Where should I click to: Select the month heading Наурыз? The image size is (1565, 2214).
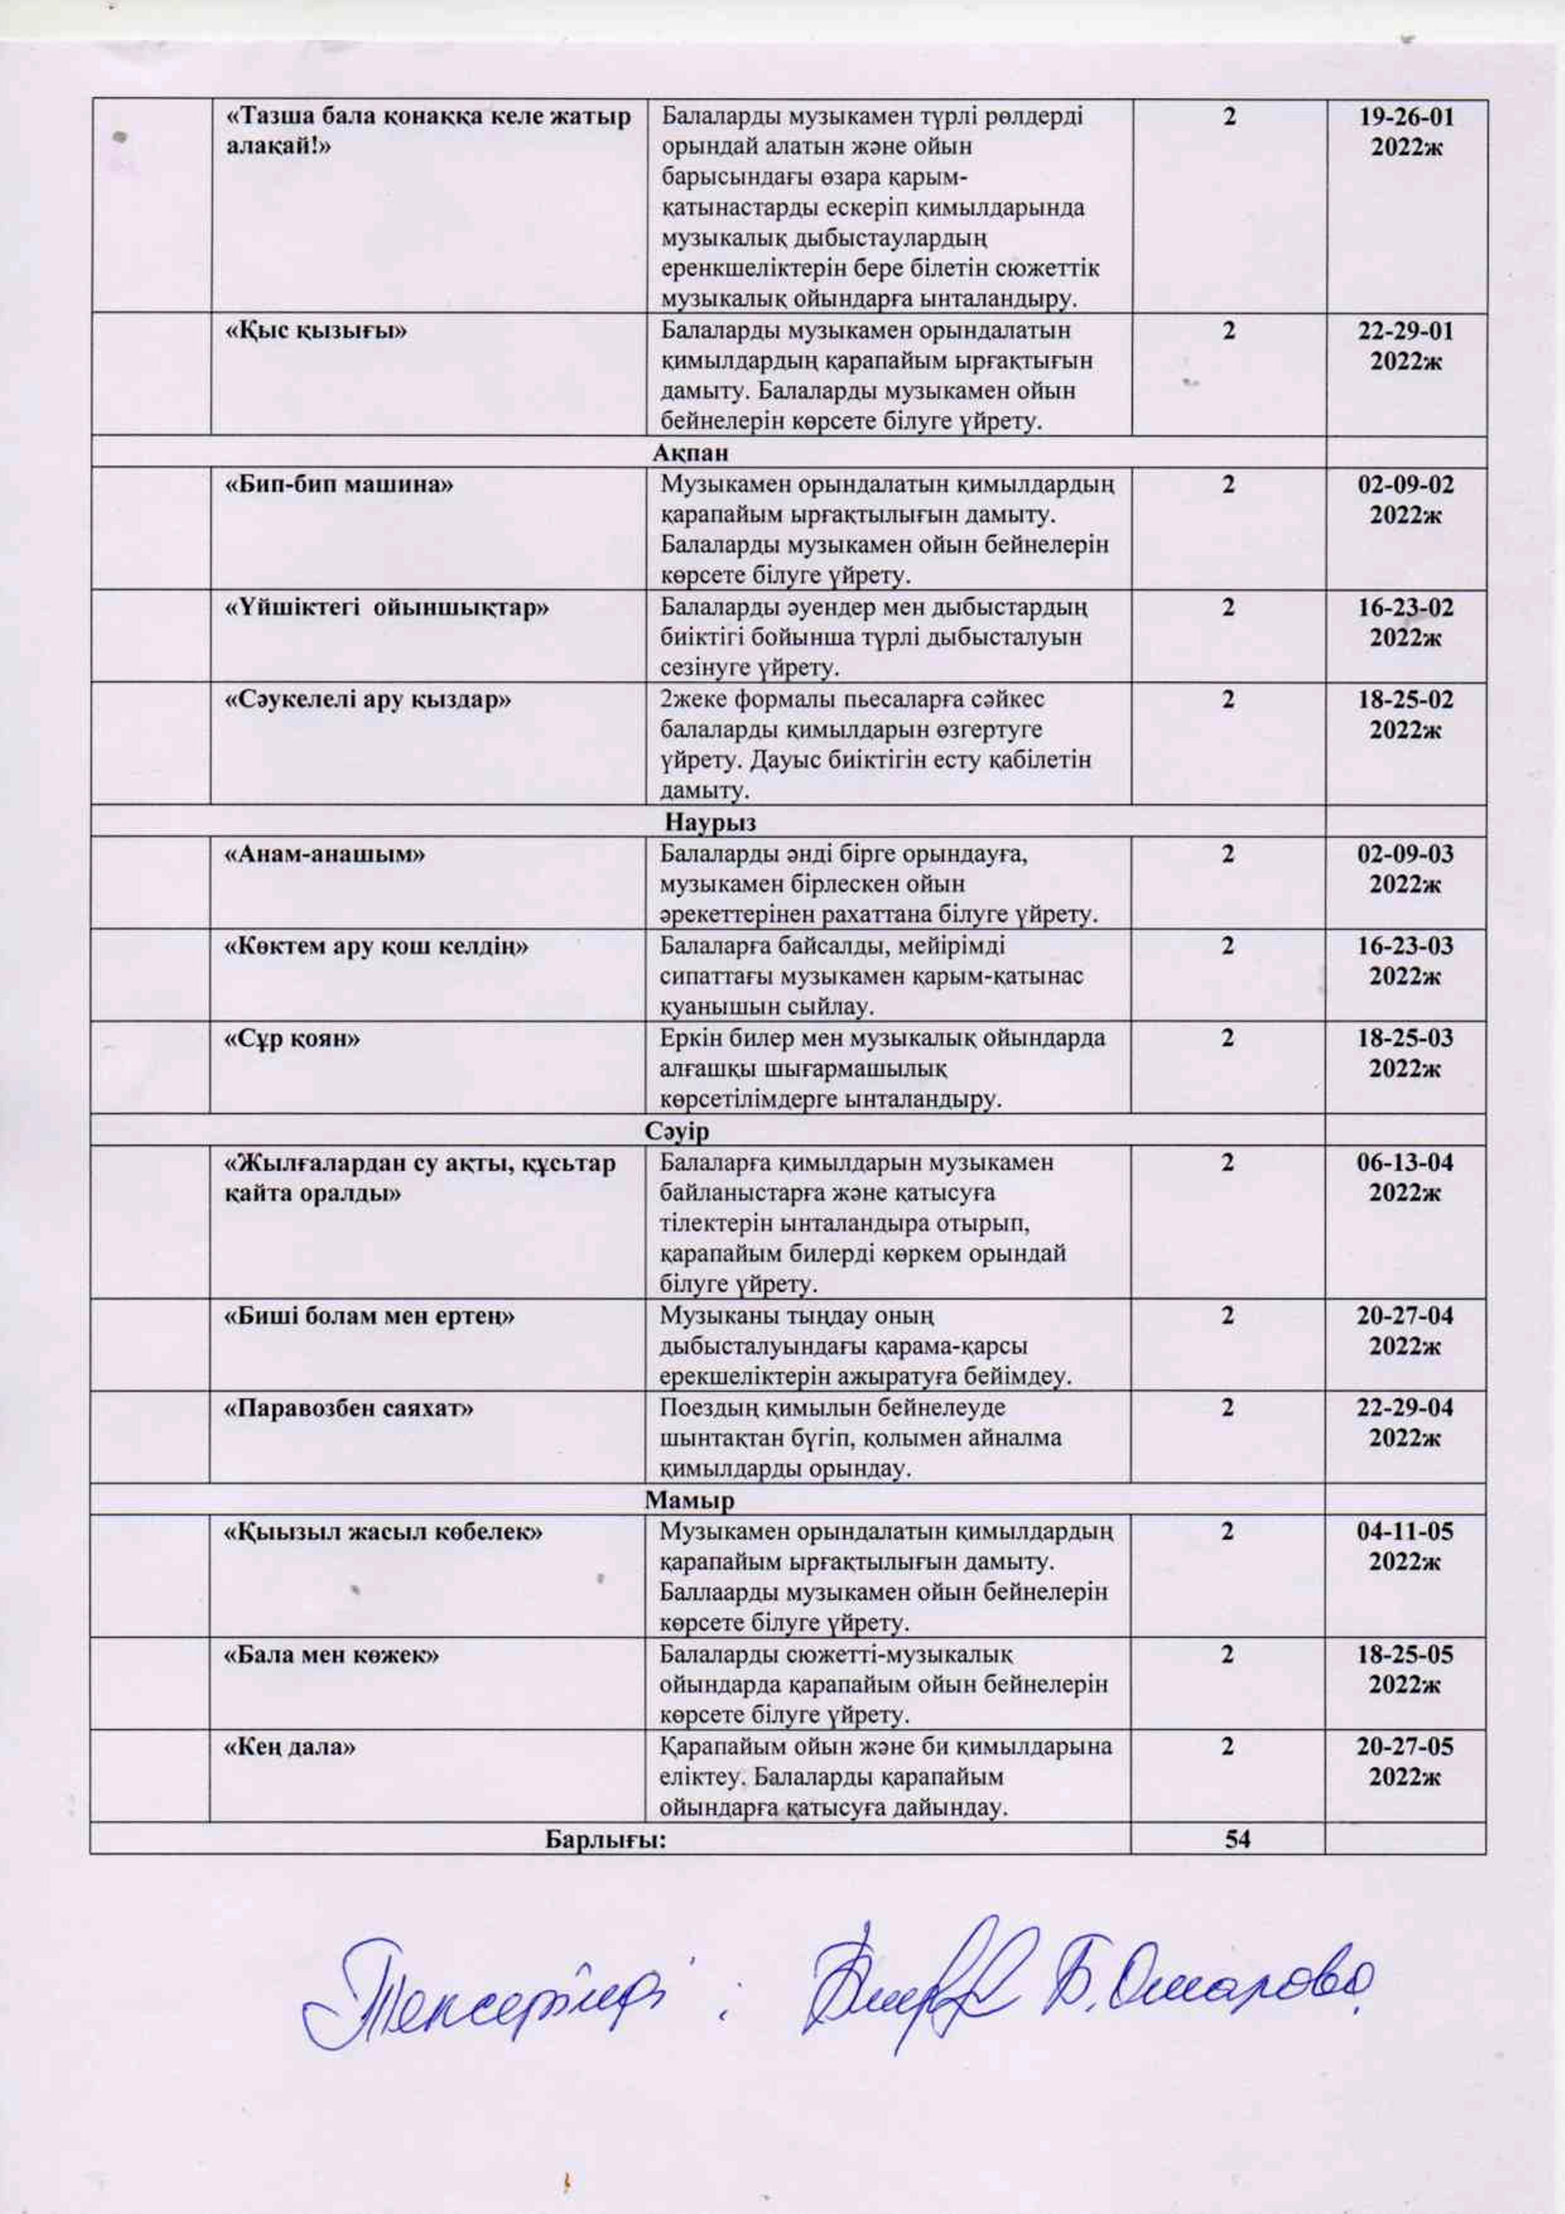(710, 822)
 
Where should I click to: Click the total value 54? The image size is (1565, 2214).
(1237, 1839)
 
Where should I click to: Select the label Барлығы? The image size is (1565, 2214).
(606, 1840)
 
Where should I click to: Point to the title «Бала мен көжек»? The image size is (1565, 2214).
(332, 1655)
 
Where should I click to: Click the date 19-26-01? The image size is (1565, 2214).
(1405, 117)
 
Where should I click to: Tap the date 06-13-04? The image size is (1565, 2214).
(1405, 1163)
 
